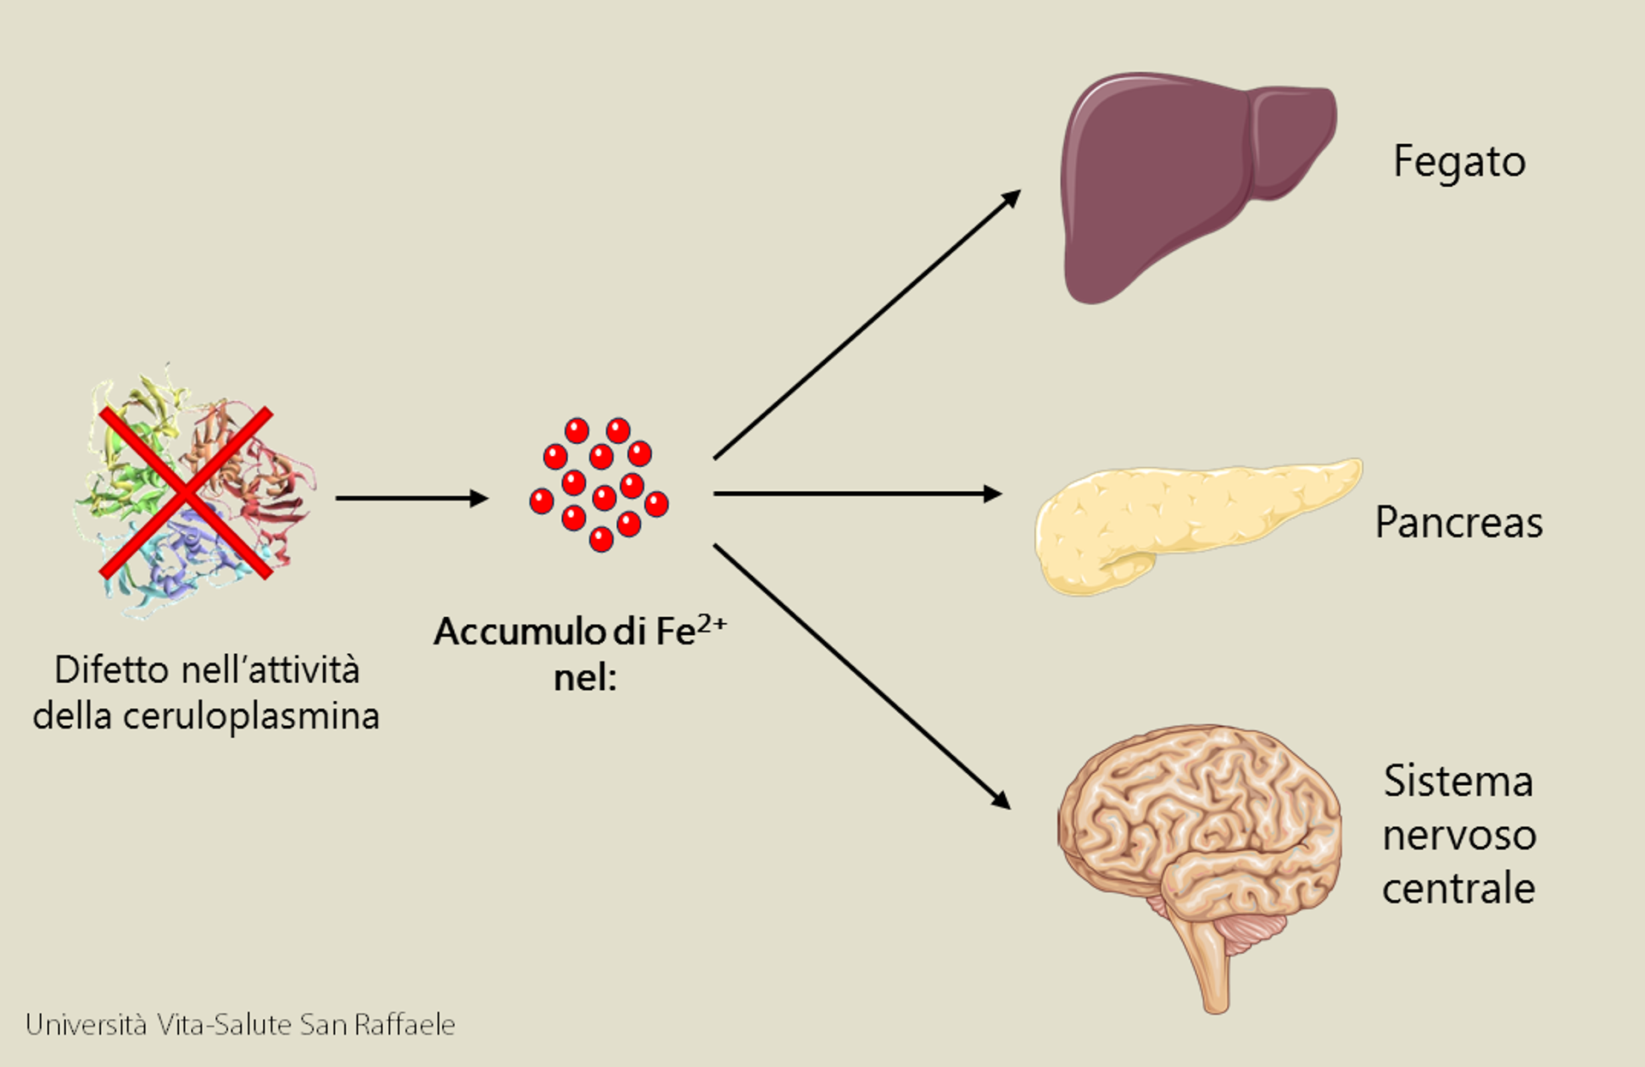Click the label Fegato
click(1459, 162)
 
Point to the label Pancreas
click(1459, 522)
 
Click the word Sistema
click(1458, 781)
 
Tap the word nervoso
click(1459, 835)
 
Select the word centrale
click(1458, 887)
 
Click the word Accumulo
click(519, 632)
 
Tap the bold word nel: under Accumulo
click(585, 678)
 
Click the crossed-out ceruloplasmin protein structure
click(193, 491)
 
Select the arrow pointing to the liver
click(867, 324)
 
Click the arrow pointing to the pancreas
click(858, 494)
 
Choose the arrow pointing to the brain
click(862, 677)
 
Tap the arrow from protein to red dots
click(412, 498)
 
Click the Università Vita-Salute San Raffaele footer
click(240, 1024)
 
